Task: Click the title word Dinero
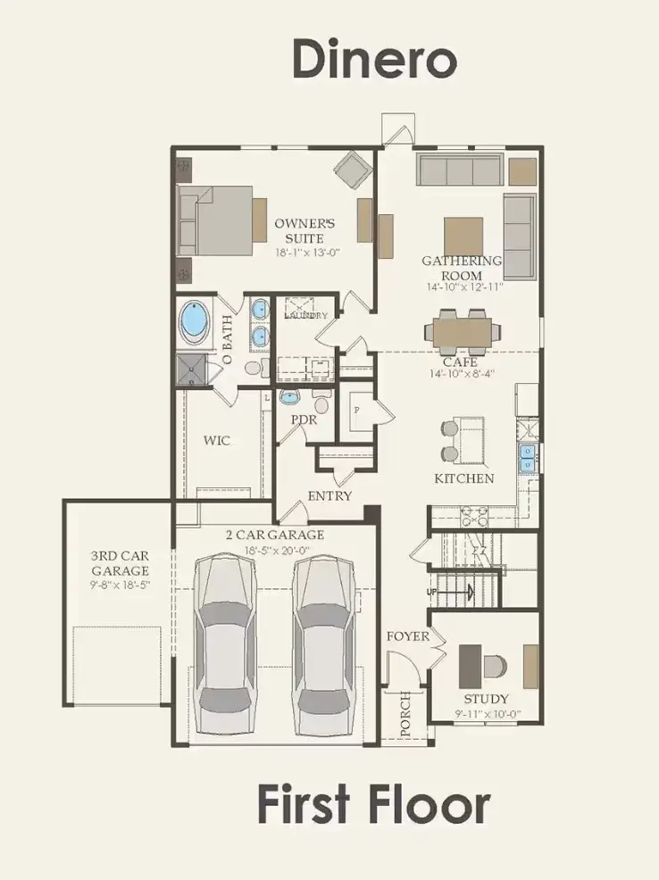374,60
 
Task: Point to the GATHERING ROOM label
462,267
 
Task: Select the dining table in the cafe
461,331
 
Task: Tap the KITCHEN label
463,478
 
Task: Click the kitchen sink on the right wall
528,457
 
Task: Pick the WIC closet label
217,440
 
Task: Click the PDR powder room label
304,418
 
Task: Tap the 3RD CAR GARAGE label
119,562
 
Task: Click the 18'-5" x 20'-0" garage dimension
274,551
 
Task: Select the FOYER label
407,636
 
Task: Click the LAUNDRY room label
305,316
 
